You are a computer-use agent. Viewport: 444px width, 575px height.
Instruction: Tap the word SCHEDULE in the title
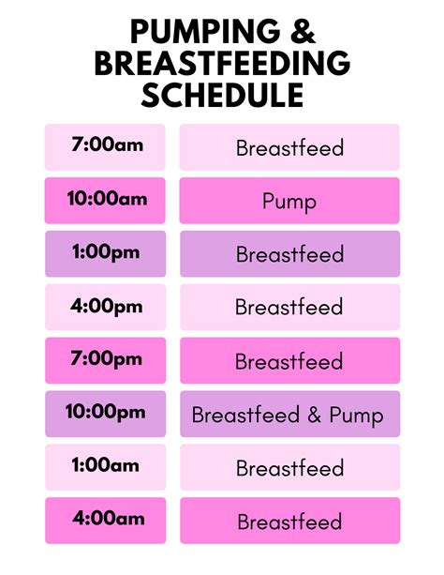[x=222, y=95]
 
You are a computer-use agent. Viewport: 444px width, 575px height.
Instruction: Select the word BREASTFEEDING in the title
[x=222, y=64]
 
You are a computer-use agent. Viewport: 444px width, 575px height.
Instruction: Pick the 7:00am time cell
[x=105, y=147]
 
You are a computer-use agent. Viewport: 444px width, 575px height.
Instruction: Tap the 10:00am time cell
[x=105, y=200]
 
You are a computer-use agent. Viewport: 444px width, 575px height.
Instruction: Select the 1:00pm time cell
[x=105, y=253]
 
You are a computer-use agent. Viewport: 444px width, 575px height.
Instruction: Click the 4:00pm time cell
[x=105, y=307]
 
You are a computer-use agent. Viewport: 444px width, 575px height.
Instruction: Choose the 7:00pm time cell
[x=105, y=360]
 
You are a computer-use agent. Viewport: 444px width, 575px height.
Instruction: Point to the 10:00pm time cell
[x=105, y=414]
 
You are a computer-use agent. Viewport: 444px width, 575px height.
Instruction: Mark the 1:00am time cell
[x=105, y=467]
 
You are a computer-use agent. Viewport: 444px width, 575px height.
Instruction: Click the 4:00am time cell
[x=105, y=520]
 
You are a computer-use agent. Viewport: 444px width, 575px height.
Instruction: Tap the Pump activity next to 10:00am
[x=289, y=201]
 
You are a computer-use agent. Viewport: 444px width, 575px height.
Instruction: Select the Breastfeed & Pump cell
[x=289, y=415]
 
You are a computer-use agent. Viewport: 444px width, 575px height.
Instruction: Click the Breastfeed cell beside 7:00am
[x=289, y=147]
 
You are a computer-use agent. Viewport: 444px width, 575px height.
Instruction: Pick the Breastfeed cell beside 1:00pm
[x=289, y=254]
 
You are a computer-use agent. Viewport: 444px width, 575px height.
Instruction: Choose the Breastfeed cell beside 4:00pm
[x=289, y=307]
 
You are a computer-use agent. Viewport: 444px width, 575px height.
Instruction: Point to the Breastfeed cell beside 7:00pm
[x=289, y=361]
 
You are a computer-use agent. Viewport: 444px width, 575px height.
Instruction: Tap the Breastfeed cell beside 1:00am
[x=289, y=467]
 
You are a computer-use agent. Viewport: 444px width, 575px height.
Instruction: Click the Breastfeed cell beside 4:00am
[x=289, y=521]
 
